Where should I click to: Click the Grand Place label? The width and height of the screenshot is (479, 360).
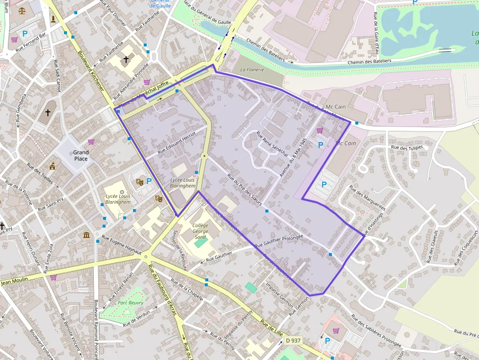coord(81,155)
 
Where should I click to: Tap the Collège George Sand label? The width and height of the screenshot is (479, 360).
coord(200,231)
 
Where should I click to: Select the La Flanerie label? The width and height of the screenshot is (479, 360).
coord(252,70)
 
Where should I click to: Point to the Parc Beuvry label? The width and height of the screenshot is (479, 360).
coord(131,303)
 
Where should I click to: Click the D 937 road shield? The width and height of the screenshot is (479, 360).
coord(294,340)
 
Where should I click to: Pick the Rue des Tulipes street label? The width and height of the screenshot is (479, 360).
coord(408,147)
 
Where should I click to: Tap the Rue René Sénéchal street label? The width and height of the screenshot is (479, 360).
coord(272,144)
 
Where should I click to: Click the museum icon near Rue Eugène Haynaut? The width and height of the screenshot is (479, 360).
coord(87,235)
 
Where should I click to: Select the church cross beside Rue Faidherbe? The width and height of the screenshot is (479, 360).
coord(126,60)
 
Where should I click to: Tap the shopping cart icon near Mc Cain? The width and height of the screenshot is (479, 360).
coord(320,130)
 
